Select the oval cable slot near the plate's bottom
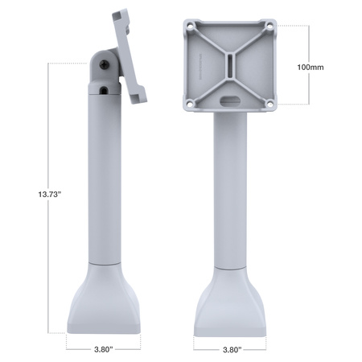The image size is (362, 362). [229, 101]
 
